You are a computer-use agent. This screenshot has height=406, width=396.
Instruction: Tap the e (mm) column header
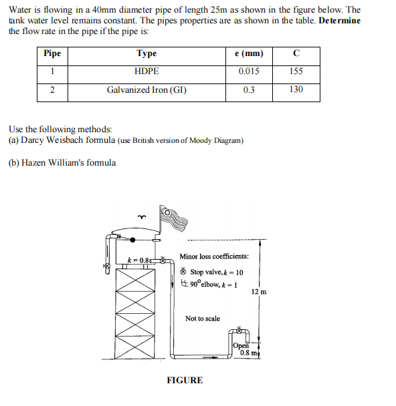[x=249, y=54]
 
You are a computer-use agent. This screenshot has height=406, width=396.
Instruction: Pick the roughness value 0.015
[x=249, y=71]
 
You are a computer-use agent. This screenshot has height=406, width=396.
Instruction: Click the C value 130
[x=296, y=89]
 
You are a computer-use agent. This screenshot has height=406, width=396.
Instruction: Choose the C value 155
[x=296, y=71]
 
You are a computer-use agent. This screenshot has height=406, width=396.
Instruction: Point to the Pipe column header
[x=52, y=54]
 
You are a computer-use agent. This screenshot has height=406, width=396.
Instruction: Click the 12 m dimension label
[x=259, y=292]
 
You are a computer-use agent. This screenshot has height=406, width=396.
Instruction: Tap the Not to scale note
[x=203, y=319]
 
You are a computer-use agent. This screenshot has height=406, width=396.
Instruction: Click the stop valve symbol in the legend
[x=184, y=272]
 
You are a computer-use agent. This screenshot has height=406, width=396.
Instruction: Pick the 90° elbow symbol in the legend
[x=184, y=282]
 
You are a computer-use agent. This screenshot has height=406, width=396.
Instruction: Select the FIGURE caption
[x=184, y=381]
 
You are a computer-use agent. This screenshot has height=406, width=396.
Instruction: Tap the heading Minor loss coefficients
[x=214, y=256]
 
